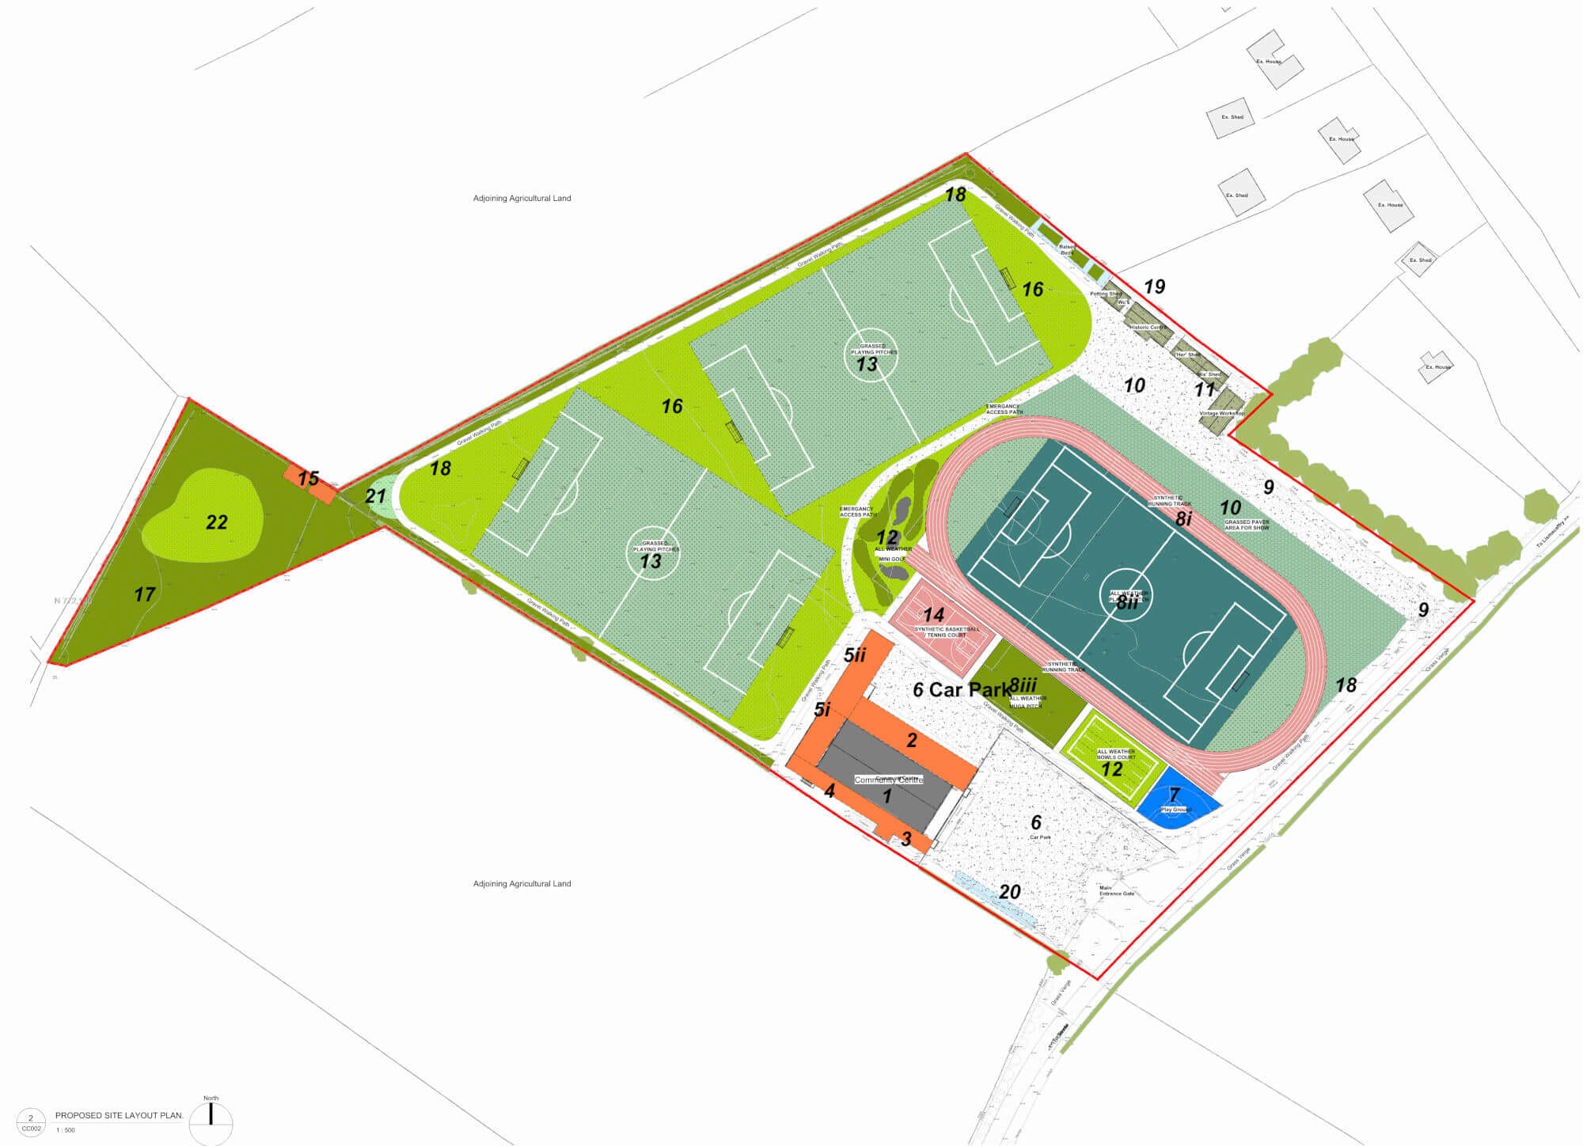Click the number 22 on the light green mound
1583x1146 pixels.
(x=216, y=522)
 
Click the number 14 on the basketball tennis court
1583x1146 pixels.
(x=933, y=615)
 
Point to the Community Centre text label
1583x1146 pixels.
(x=888, y=780)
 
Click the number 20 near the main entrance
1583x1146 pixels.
(x=1009, y=892)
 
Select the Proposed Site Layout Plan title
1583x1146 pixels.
(x=119, y=1115)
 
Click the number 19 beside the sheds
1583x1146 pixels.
(x=1154, y=286)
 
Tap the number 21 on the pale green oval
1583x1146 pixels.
(x=375, y=497)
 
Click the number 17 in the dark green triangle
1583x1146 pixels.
(x=144, y=594)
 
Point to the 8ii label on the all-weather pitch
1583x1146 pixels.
(x=1127, y=603)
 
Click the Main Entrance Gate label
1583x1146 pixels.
(x=1116, y=890)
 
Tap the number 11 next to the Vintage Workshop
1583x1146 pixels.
(x=1204, y=389)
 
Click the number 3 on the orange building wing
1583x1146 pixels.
(x=906, y=839)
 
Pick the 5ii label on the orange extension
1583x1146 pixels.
(x=855, y=655)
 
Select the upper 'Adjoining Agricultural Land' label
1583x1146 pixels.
(x=522, y=199)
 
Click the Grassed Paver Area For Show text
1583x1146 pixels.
(x=1247, y=525)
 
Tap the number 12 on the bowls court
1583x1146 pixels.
(x=1111, y=768)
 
